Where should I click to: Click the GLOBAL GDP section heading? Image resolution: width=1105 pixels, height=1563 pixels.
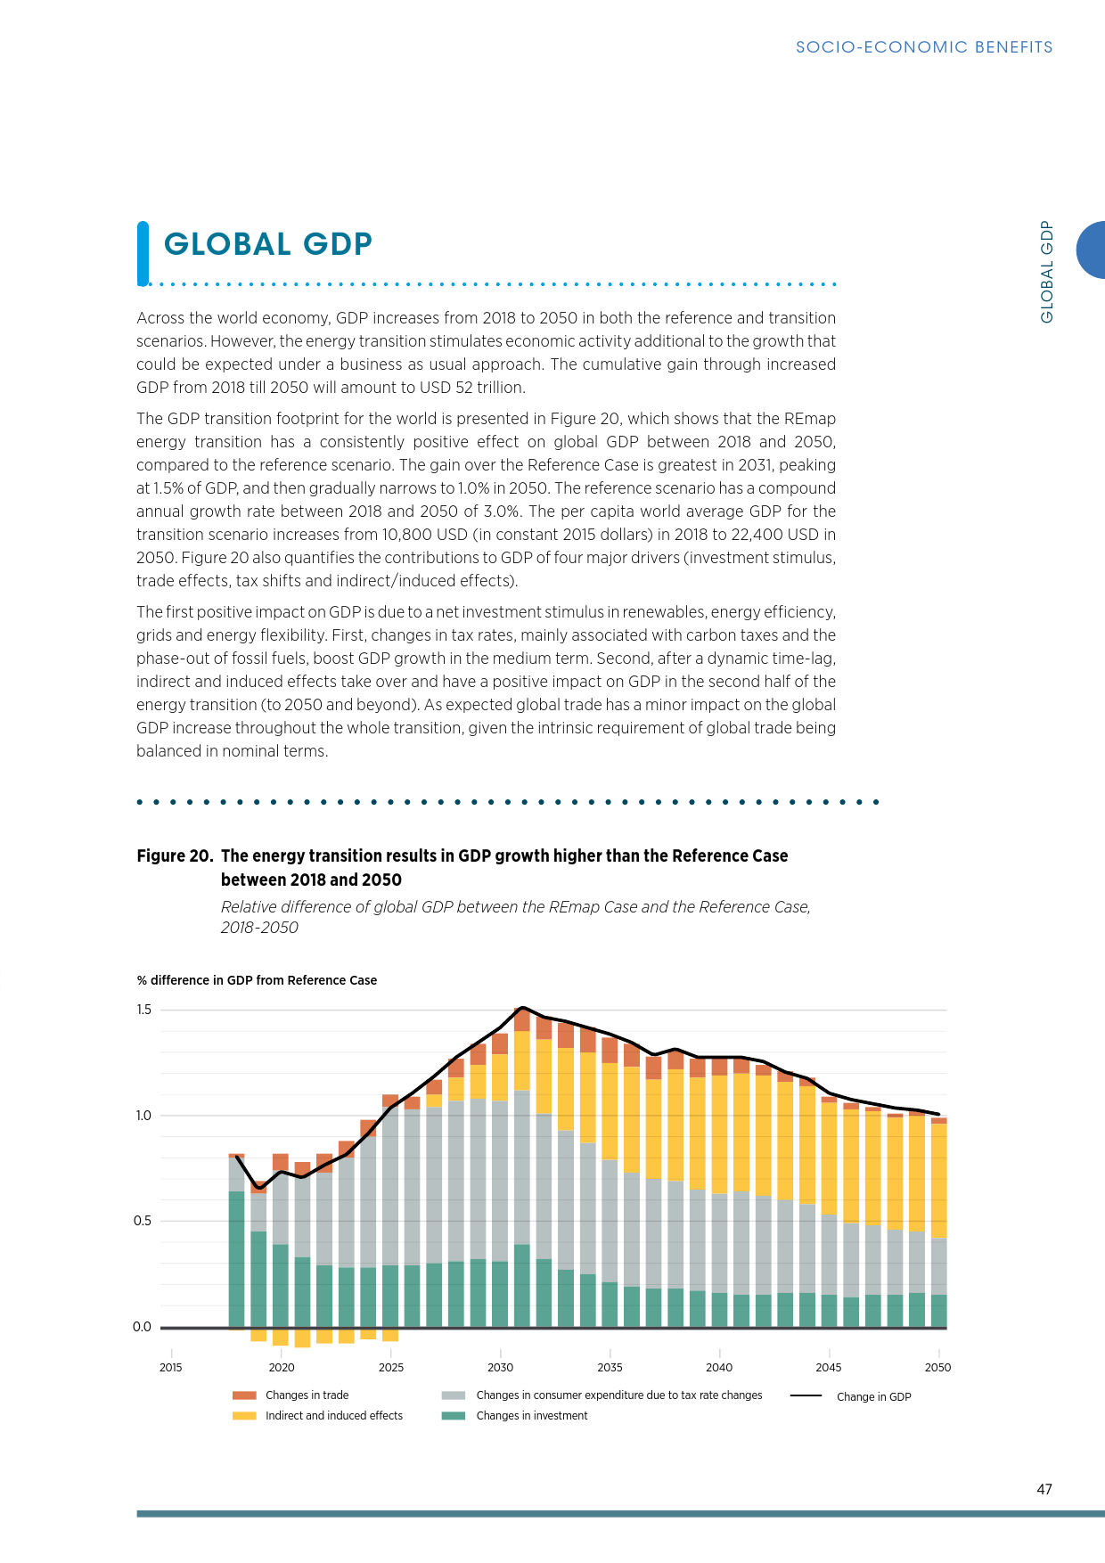pyautogui.click(x=267, y=244)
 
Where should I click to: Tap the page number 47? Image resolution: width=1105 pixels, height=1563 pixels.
pyautogui.click(x=1044, y=1489)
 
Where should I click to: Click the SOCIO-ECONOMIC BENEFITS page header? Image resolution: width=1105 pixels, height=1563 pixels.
pyautogui.click(x=923, y=47)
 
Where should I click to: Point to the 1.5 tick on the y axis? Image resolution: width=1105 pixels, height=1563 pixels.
pyautogui.click(x=144, y=1010)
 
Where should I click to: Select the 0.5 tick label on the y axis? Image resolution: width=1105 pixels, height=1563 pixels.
pyautogui.click(x=143, y=1221)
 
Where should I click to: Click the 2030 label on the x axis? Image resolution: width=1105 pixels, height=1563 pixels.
pyautogui.click(x=500, y=1367)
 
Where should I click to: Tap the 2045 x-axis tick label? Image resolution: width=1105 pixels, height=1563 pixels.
pyautogui.click(x=828, y=1367)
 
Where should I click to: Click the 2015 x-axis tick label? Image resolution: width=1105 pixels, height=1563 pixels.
pyautogui.click(x=170, y=1367)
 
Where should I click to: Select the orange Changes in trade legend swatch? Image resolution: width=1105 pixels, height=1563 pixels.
pyautogui.click(x=244, y=1395)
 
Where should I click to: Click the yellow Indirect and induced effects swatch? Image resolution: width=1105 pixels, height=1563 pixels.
pyautogui.click(x=244, y=1416)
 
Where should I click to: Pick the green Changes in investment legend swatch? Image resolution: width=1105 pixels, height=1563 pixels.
pyautogui.click(x=454, y=1416)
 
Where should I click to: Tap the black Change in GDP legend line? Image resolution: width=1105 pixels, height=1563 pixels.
pyautogui.click(x=806, y=1395)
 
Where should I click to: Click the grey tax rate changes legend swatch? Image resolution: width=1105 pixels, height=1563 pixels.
pyautogui.click(x=454, y=1395)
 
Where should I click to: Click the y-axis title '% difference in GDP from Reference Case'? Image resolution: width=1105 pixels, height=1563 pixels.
pyautogui.click(x=257, y=980)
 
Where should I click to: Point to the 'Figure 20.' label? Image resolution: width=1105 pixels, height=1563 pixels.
pyautogui.click(x=175, y=856)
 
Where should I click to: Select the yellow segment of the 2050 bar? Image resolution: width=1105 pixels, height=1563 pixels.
pyautogui.click(x=938, y=1181)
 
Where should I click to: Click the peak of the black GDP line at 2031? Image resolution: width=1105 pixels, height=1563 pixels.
pyautogui.click(x=522, y=1008)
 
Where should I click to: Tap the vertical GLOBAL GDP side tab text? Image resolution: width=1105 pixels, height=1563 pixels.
pyautogui.click(x=1047, y=271)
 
